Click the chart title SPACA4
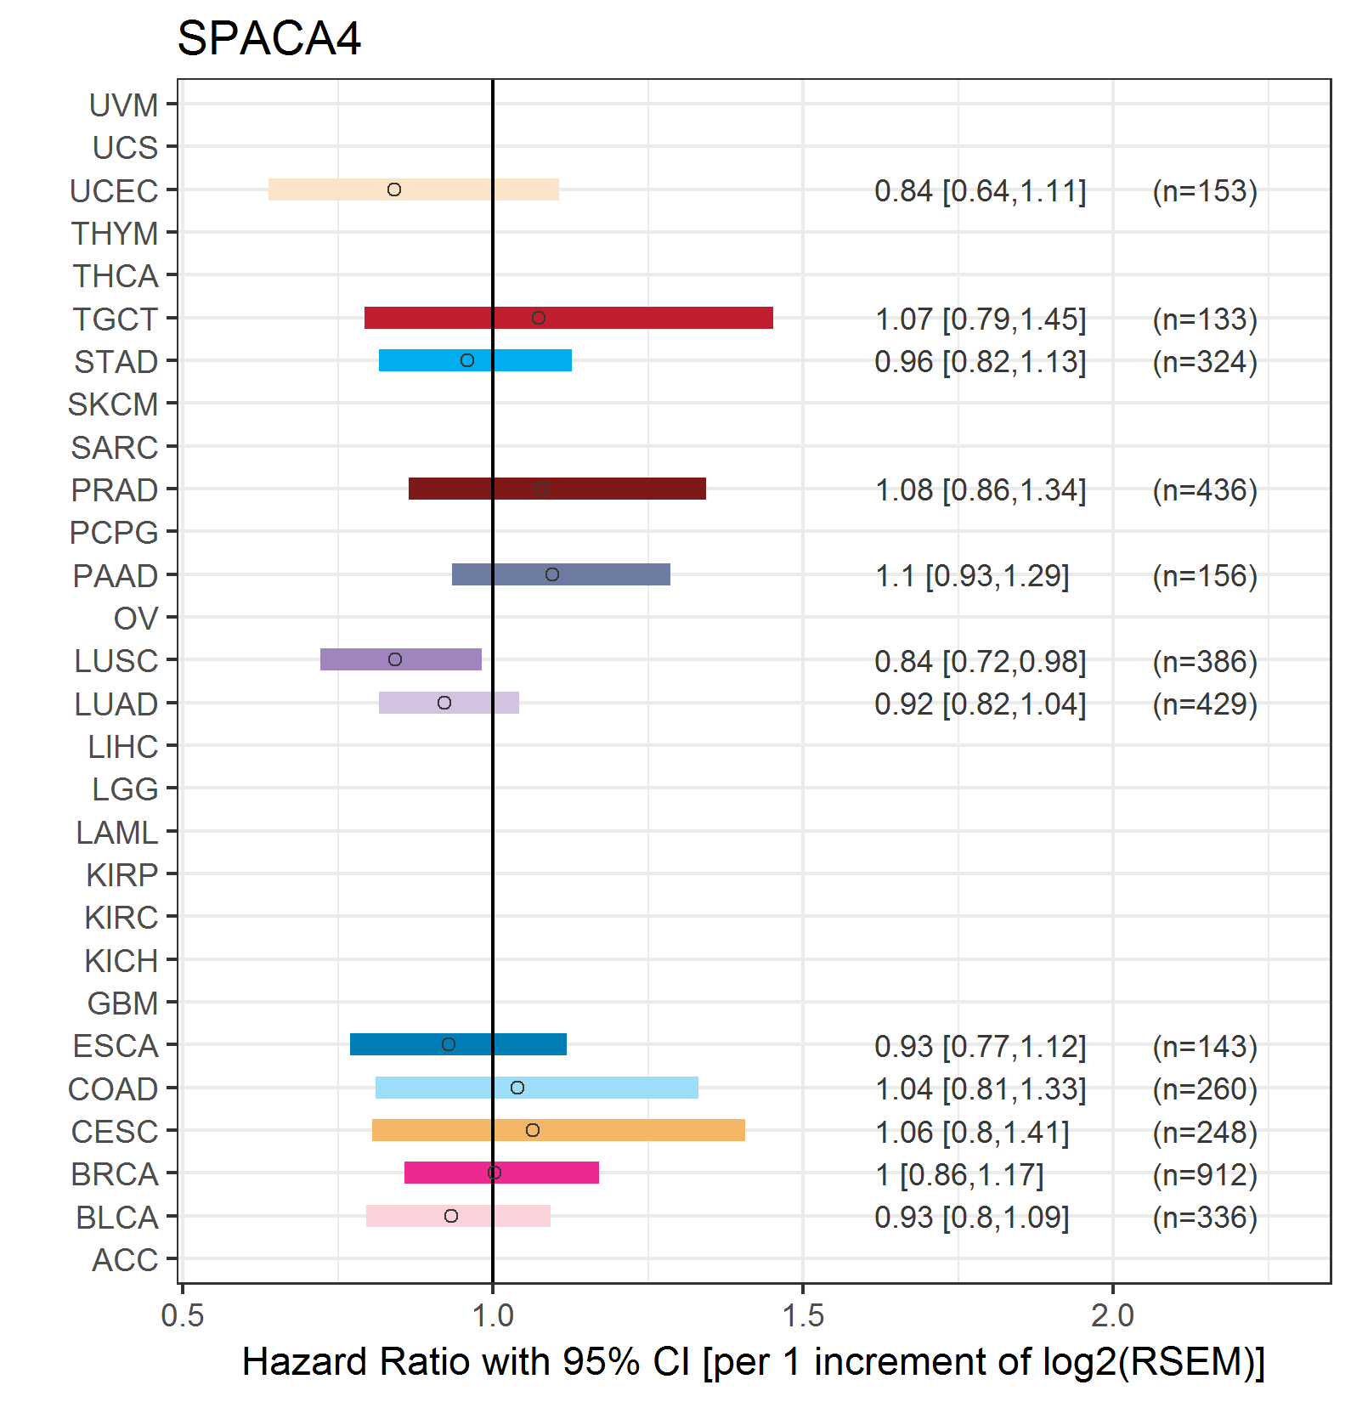click(x=269, y=38)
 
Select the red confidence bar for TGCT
click(x=568, y=318)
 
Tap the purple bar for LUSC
click(x=401, y=659)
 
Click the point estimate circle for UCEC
click(x=394, y=189)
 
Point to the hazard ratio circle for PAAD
click(x=552, y=574)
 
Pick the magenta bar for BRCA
click(x=501, y=1173)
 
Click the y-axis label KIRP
click(x=122, y=875)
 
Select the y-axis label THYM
click(x=115, y=234)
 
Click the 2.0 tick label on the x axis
click(x=1113, y=1315)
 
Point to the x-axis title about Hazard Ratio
click(x=754, y=1361)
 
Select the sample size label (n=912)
click(x=1205, y=1175)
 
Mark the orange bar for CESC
click(x=558, y=1130)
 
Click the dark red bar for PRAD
click(x=557, y=489)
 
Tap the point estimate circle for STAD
click(x=467, y=360)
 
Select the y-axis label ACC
click(x=125, y=1260)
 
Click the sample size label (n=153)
click(x=1205, y=191)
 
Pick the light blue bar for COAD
click(x=537, y=1088)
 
